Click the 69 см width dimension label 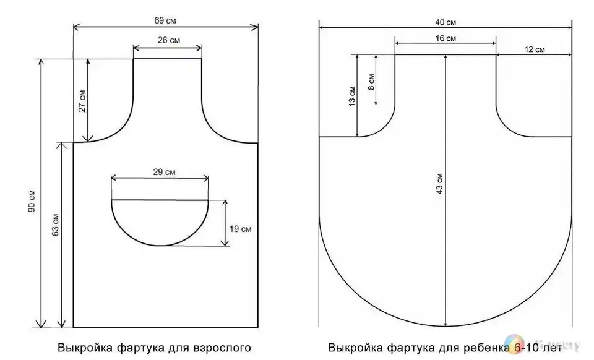[x=165, y=20]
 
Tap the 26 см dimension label [x=168, y=40]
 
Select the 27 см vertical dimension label [x=82, y=101]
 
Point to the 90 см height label [x=32, y=200]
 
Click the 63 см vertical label [x=55, y=225]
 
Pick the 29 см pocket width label [x=165, y=172]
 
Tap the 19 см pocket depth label [x=240, y=229]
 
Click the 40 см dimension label [x=445, y=22]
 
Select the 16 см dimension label [x=445, y=38]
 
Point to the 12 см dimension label [x=535, y=49]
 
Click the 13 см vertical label [x=352, y=96]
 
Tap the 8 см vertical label [x=371, y=82]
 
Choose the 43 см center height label [x=439, y=184]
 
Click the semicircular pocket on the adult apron [x=160, y=246]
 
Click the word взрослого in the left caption [x=222, y=348]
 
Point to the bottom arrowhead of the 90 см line [x=41, y=324]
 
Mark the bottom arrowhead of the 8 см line [x=376, y=102]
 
